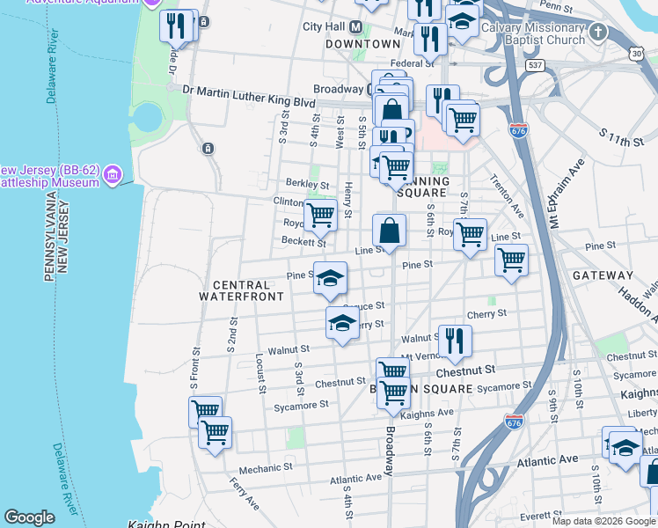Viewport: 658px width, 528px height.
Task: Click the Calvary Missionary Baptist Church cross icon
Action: click(599, 33)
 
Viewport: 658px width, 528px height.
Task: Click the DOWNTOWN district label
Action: click(363, 44)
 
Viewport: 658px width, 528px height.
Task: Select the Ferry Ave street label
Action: click(244, 495)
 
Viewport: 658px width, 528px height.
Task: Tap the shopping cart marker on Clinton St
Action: click(320, 214)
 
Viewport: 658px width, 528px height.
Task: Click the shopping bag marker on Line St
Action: click(390, 231)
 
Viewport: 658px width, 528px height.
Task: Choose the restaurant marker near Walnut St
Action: click(455, 341)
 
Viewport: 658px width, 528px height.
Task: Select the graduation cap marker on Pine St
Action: click(330, 279)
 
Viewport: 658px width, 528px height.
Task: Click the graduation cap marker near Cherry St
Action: click(342, 323)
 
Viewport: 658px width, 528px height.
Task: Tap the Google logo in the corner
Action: click(29, 517)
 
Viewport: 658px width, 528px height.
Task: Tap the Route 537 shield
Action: click(535, 66)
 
